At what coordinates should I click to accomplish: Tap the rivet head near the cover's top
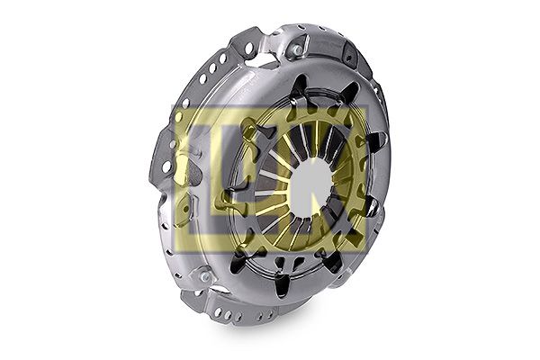click(x=297, y=50)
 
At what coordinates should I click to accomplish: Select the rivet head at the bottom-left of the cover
click(x=205, y=275)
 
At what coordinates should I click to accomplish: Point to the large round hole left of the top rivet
click(x=249, y=47)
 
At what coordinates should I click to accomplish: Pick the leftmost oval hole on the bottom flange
click(x=218, y=311)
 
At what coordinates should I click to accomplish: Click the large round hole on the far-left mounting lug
click(x=166, y=166)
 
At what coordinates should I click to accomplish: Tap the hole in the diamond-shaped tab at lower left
click(x=186, y=209)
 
